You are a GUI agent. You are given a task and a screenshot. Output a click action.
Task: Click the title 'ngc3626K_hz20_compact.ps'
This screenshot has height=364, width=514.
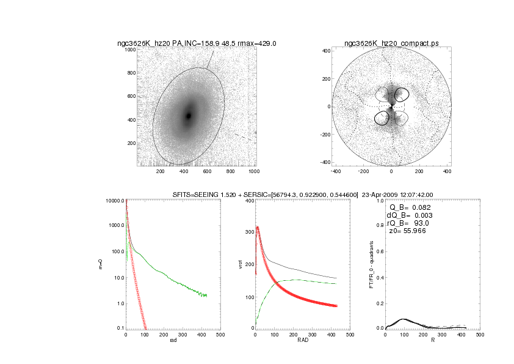pyautogui.click(x=391, y=43)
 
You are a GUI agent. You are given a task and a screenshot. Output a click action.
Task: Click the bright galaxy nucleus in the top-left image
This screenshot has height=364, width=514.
pyautogui.click(x=189, y=116)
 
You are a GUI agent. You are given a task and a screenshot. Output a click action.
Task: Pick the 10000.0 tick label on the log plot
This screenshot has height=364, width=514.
pyautogui.click(x=115, y=201)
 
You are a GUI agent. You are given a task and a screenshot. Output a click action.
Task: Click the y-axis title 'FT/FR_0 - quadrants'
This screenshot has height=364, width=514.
pyautogui.click(x=371, y=264)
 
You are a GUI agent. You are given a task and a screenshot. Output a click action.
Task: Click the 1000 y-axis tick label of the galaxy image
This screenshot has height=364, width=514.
pyautogui.click(x=129, y=50)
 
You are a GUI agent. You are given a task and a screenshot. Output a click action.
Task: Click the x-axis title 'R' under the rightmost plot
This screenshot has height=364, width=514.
pyautogui.click(x=432, y=340)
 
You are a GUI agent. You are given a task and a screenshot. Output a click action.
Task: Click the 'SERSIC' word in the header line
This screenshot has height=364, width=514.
pyautogui.click(x=237, y=195)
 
